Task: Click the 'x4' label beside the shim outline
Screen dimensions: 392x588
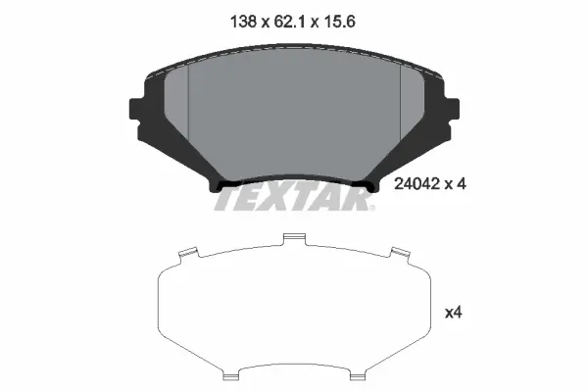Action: [x=453, y=314]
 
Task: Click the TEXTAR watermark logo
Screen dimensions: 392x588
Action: [x=292, y=200]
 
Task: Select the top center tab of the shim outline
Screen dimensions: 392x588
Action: [x=292, y=237]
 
